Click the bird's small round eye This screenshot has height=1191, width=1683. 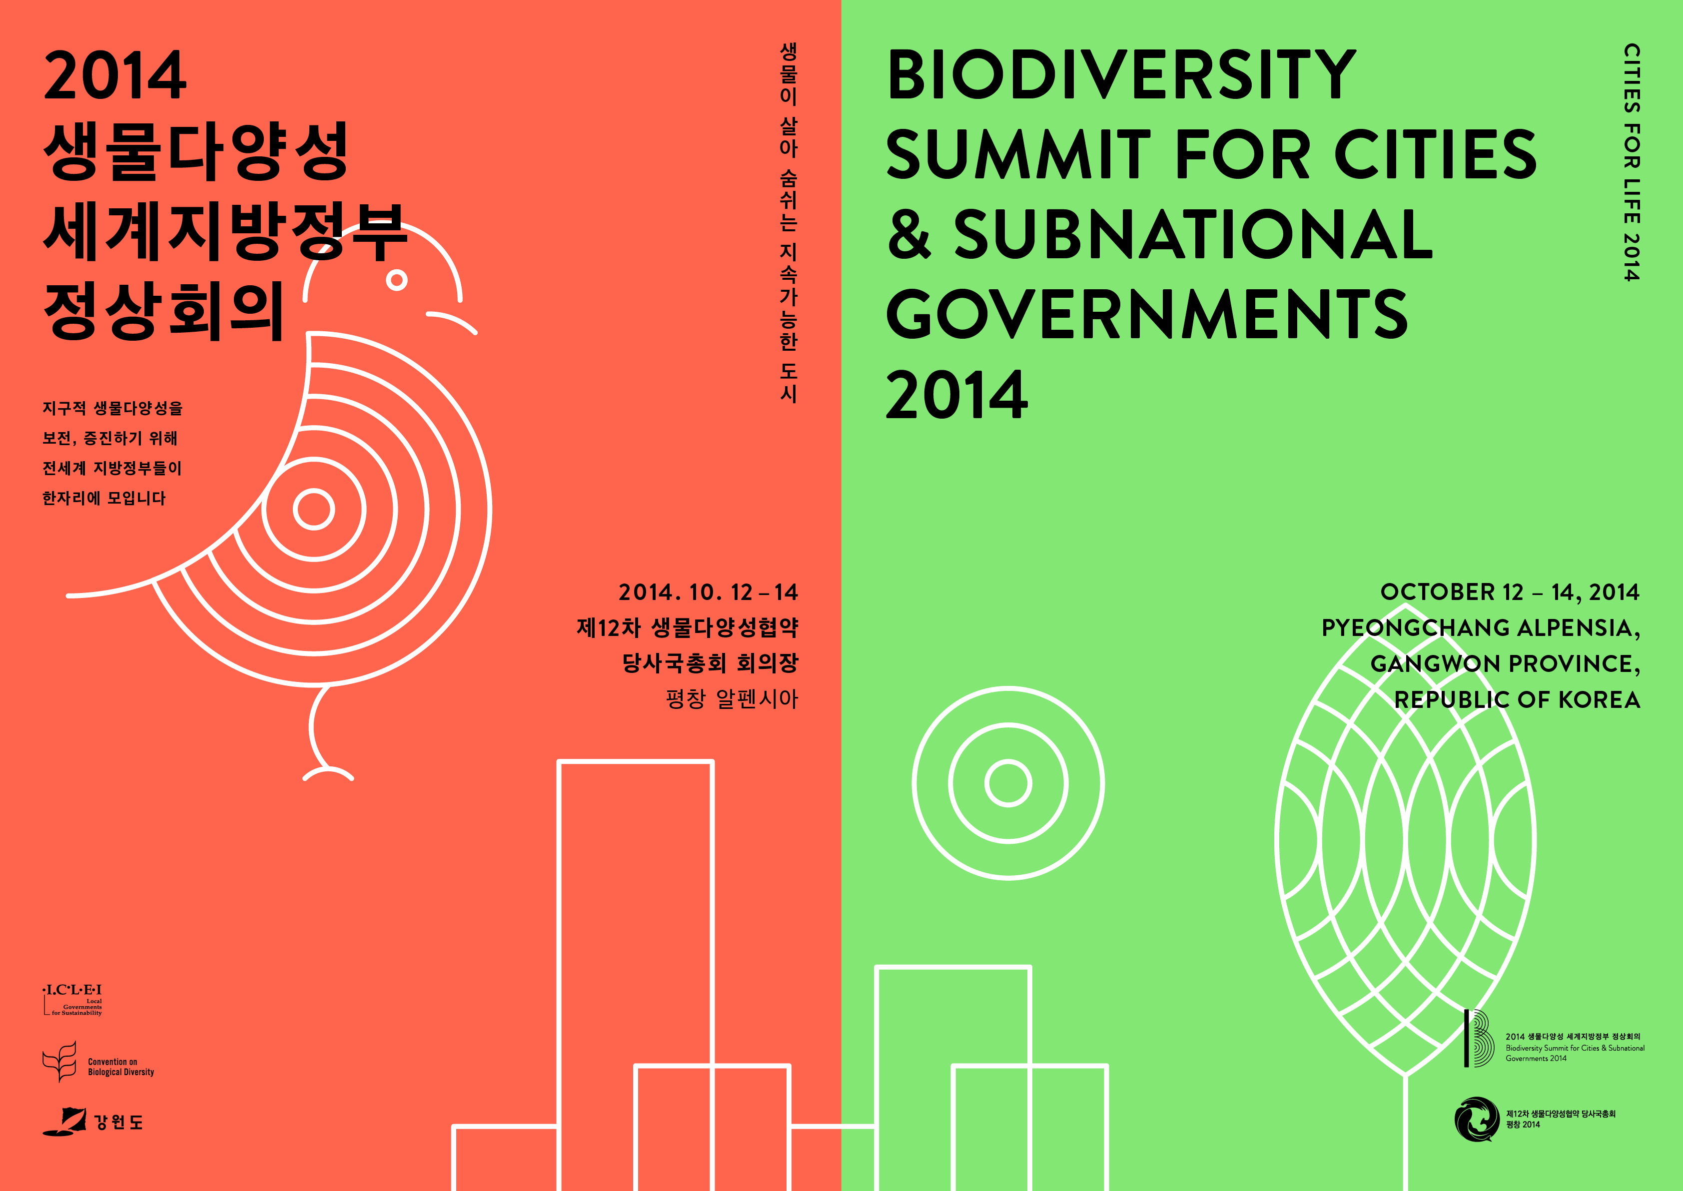pos(397,280)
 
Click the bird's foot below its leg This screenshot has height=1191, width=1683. pos(328,773)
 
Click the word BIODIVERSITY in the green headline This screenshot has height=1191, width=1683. pos(1121,75)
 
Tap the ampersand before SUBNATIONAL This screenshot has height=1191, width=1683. pos(909,233)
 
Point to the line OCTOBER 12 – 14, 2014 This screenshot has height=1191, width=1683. pos(1509,592)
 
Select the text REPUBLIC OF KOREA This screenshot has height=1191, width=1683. pos(1517,699)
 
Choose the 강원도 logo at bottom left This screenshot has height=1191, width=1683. pos(92,1122)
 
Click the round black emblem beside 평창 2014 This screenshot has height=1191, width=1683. pos(1476,1119)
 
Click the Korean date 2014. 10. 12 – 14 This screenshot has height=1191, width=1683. pos(708,592)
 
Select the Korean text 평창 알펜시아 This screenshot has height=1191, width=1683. pos(731,698)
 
